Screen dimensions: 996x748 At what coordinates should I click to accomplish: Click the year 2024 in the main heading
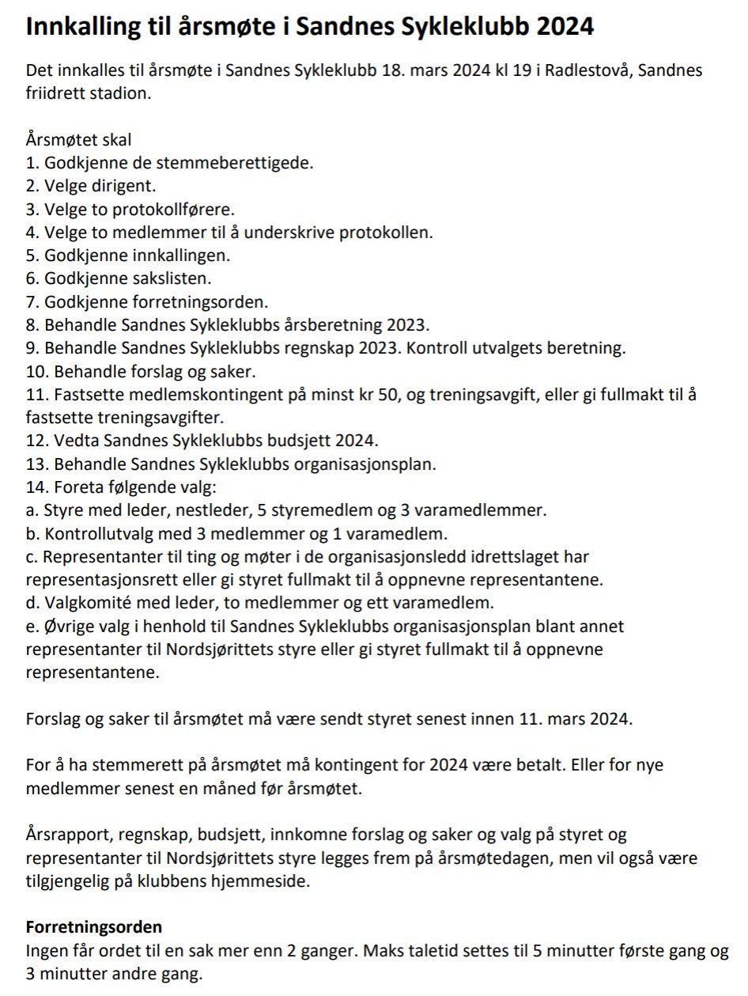[x=565, y=27]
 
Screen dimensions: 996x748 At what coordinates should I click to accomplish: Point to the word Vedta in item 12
[x=74, y=440]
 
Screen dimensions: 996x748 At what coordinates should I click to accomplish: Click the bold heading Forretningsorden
[x=94, y=926]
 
